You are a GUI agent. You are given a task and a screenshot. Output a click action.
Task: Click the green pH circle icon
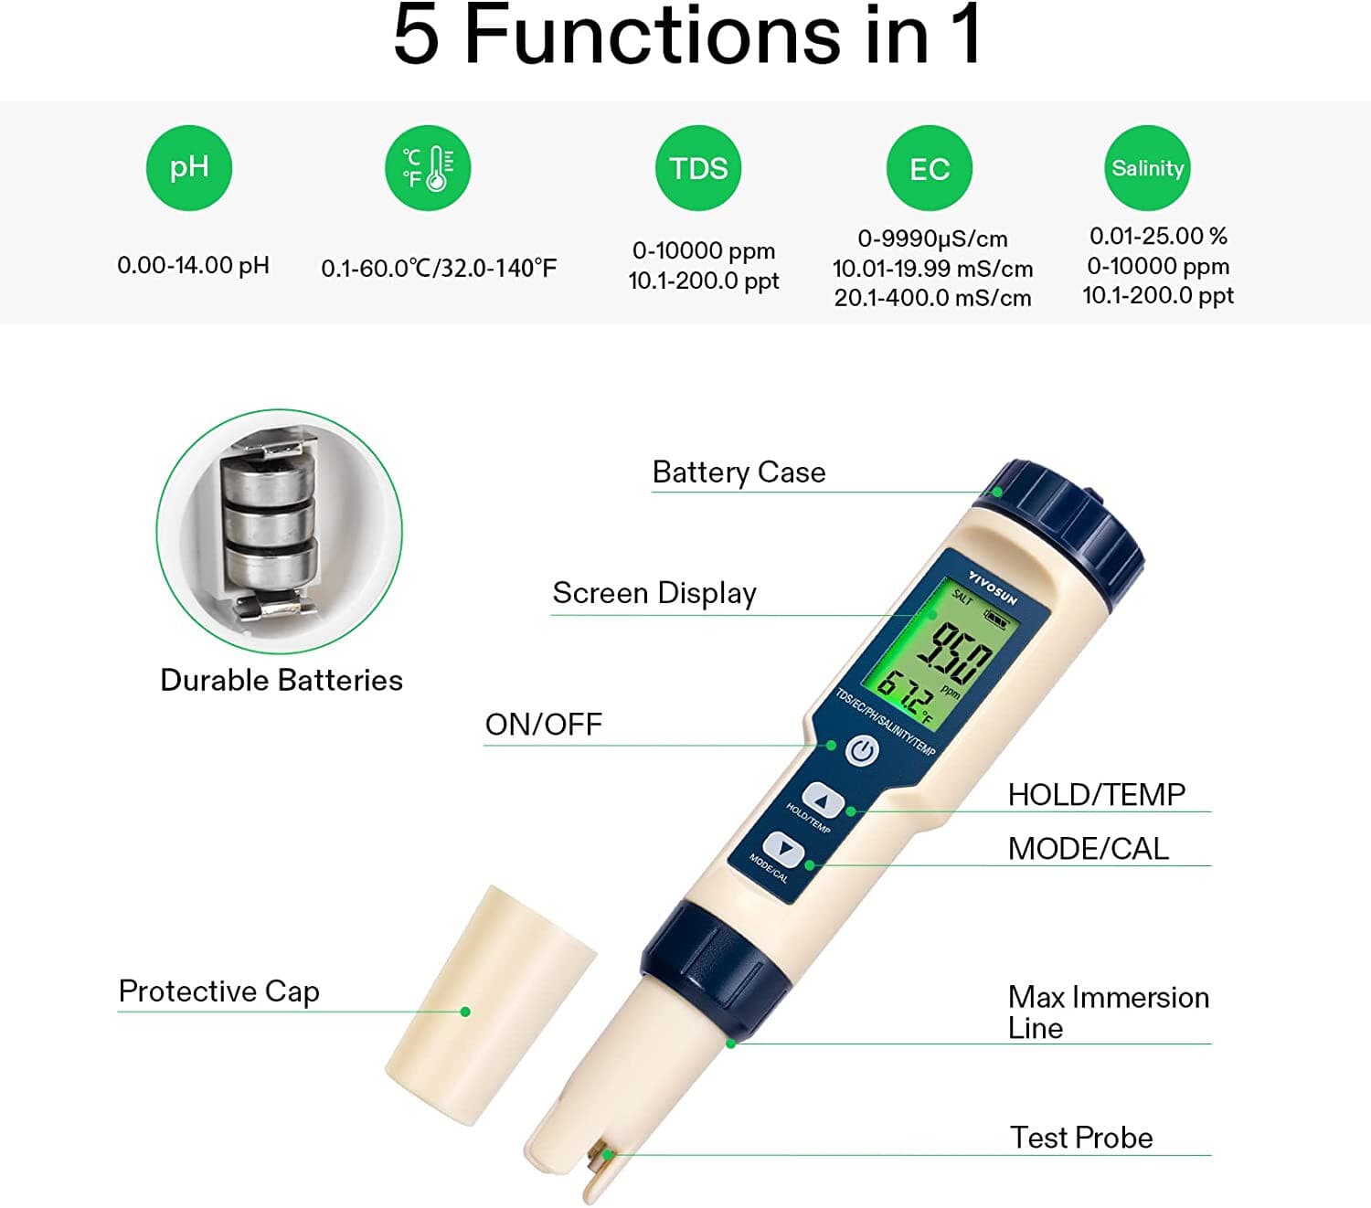(x=189, y=168)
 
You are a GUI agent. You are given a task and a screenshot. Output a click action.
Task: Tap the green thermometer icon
(x=428, y=168)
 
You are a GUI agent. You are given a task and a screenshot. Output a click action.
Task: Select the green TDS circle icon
(x=698, y=168)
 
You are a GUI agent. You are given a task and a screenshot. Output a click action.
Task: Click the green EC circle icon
(x=929, y=169)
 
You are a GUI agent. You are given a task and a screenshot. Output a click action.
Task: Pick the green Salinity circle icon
(x=1147, y=168)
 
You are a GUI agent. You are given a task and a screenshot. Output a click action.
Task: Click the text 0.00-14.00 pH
(x=193, y=266)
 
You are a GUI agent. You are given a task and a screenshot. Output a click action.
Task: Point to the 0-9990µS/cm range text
(x=932, y=239)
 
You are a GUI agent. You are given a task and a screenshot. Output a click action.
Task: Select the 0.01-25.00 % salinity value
(x=1157, y=236)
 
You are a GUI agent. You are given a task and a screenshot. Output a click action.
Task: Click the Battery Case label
(x=739, y=472)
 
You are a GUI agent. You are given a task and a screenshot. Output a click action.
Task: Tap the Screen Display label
(x=654, y=593)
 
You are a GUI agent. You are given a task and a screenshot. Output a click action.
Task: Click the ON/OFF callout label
(x=543, y=725)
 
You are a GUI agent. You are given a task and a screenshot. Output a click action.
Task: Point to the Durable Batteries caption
(x=281, y=681)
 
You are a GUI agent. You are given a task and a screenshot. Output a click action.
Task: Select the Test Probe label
(x=1081, y=1138)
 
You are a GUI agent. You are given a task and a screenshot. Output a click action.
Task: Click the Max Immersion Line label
(x=1108, y=1012)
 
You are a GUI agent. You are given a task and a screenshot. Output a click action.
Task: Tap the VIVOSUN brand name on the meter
(x=993, y=588)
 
